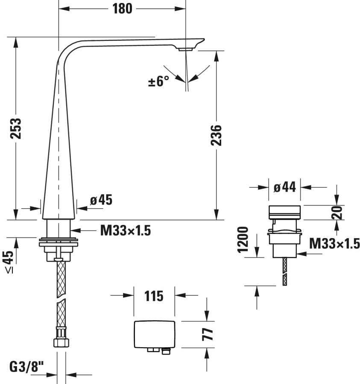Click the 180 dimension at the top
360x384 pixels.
click(122, 8)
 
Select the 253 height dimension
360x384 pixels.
click(16, 128)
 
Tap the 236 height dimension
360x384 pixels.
click(217, 135)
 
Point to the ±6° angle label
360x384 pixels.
click(159, 81)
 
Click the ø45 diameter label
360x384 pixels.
click(101, 200)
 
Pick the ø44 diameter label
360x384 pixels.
click(285, 187)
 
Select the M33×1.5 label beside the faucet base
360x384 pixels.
click(126, 231)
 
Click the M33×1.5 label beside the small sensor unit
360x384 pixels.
click(334, 244)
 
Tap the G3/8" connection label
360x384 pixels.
click(27, 366)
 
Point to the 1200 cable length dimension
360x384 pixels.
click(243, 239)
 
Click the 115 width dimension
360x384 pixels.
click(154, 295)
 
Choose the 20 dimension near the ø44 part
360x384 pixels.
click(338, 212)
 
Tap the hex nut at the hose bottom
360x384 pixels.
click(60, 342)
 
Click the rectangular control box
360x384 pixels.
click(155, 334)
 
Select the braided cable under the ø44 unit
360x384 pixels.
click(285, 271)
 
